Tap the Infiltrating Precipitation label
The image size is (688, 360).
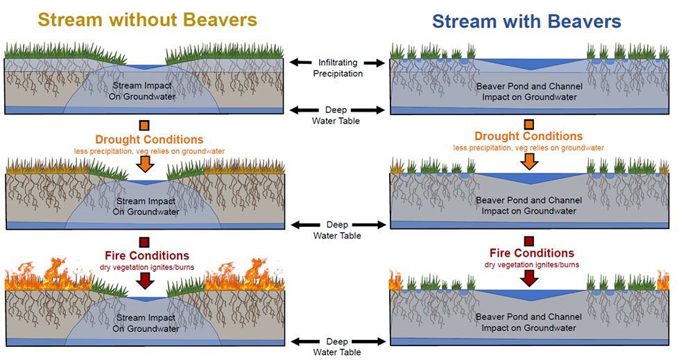pos(338,68)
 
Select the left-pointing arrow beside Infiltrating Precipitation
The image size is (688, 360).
pos(300,62)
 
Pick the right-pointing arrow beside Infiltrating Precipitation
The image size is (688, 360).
pos(375,63)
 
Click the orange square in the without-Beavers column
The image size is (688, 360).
pos(144,126)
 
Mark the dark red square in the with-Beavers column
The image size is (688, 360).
pos(529,241)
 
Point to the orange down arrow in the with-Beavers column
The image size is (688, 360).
pos(529,162)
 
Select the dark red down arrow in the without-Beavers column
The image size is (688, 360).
pos(145,280)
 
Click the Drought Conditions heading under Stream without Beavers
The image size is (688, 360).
pos(149,139)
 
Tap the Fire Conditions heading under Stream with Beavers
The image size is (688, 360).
pos(532,253)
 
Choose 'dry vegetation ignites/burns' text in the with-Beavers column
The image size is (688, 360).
pos(532,265)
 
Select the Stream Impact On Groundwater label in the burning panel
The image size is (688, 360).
pos(146,323)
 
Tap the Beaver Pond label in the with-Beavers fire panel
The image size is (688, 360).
pos(528,323)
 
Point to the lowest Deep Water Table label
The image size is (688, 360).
pos(337,347)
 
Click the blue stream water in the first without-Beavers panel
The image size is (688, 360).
pos(145,67)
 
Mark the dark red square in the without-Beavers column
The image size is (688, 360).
pos(144,242)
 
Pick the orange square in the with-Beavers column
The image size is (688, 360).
pos(529,124)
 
